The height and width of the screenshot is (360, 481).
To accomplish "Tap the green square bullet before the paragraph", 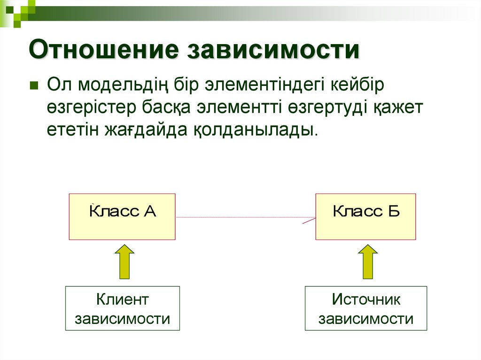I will (34, 86).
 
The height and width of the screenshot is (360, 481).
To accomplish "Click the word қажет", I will (399, 107).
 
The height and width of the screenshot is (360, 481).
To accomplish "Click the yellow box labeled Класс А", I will (122, 216).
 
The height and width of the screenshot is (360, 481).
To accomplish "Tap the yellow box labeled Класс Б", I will (365, 216).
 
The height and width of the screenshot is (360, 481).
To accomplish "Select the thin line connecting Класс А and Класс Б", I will (244, 218).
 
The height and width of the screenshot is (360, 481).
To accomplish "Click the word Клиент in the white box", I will (122, 299).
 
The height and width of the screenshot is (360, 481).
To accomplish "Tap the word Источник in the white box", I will (366, 299).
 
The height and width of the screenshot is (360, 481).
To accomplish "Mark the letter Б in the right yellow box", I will (394, 211).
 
